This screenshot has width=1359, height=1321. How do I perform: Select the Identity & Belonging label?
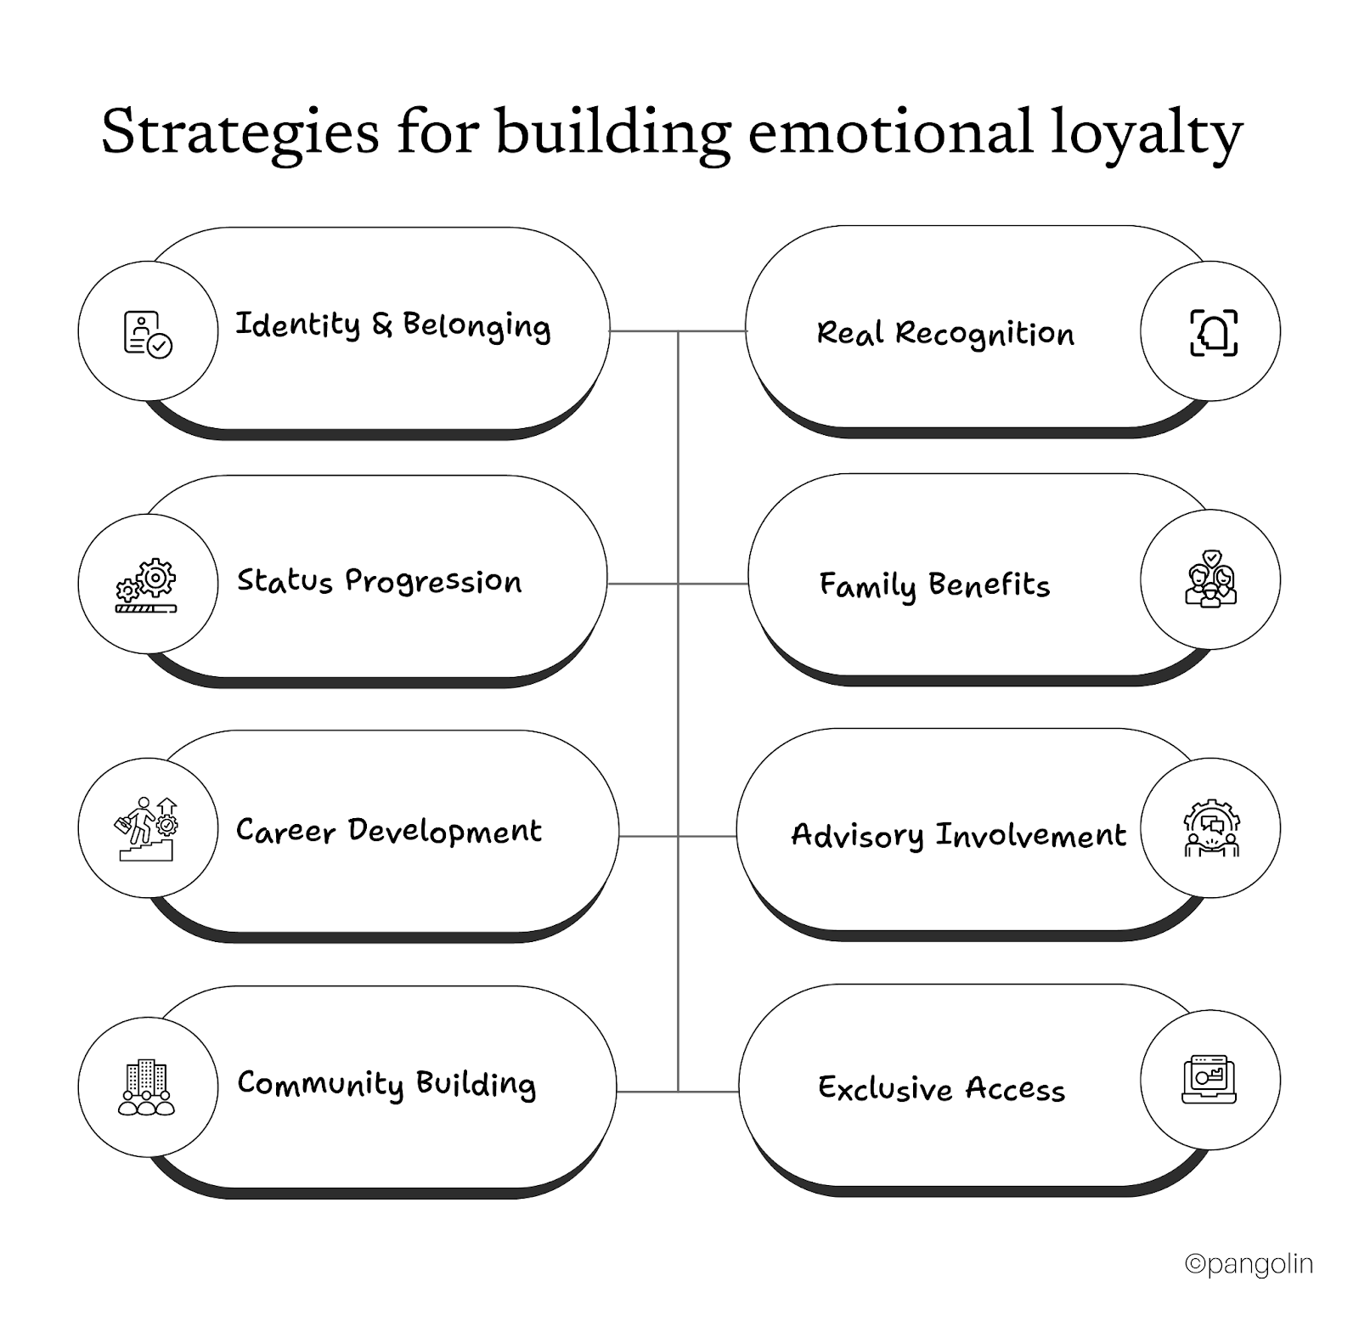coord(392,325)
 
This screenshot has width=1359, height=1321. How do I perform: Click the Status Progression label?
coord(379,581)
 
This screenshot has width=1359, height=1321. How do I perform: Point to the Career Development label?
coord(388,831)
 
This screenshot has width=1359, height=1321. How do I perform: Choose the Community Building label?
coord(386,1084)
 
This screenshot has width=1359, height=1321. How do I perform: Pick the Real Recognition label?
coord(945,333)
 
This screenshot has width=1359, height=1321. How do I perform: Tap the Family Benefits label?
coord(934,585)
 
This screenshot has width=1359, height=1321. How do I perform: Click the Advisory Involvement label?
coord(958,835)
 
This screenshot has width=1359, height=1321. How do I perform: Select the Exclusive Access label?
coord(941,1089)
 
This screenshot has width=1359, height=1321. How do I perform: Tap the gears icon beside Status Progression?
coord(147,585)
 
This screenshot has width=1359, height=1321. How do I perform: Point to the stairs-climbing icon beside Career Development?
coord(147,828)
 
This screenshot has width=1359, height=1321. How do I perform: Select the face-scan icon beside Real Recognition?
coord(1213,331)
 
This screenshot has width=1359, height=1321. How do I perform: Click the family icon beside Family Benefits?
coord(1210,579)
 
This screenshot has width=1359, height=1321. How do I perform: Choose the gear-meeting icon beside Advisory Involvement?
coord(1211,828)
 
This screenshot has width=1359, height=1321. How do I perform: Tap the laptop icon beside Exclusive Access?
coord(1210,1079)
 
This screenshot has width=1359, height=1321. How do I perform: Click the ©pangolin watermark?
coord(1249,1264)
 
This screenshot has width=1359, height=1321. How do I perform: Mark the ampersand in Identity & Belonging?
coord(382,325)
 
